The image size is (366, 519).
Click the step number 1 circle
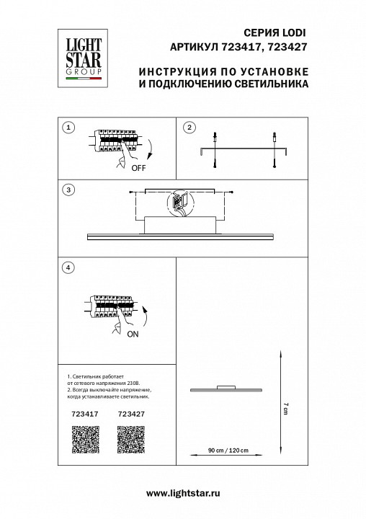point(68,128)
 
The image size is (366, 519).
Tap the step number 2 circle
point(189,128)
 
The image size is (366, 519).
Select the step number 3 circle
point(68,190)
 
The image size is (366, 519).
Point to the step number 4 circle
point(68,268)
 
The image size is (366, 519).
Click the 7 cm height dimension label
point(285,408)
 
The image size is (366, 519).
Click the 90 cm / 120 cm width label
point(228,451)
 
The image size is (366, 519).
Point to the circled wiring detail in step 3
point(179,205)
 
